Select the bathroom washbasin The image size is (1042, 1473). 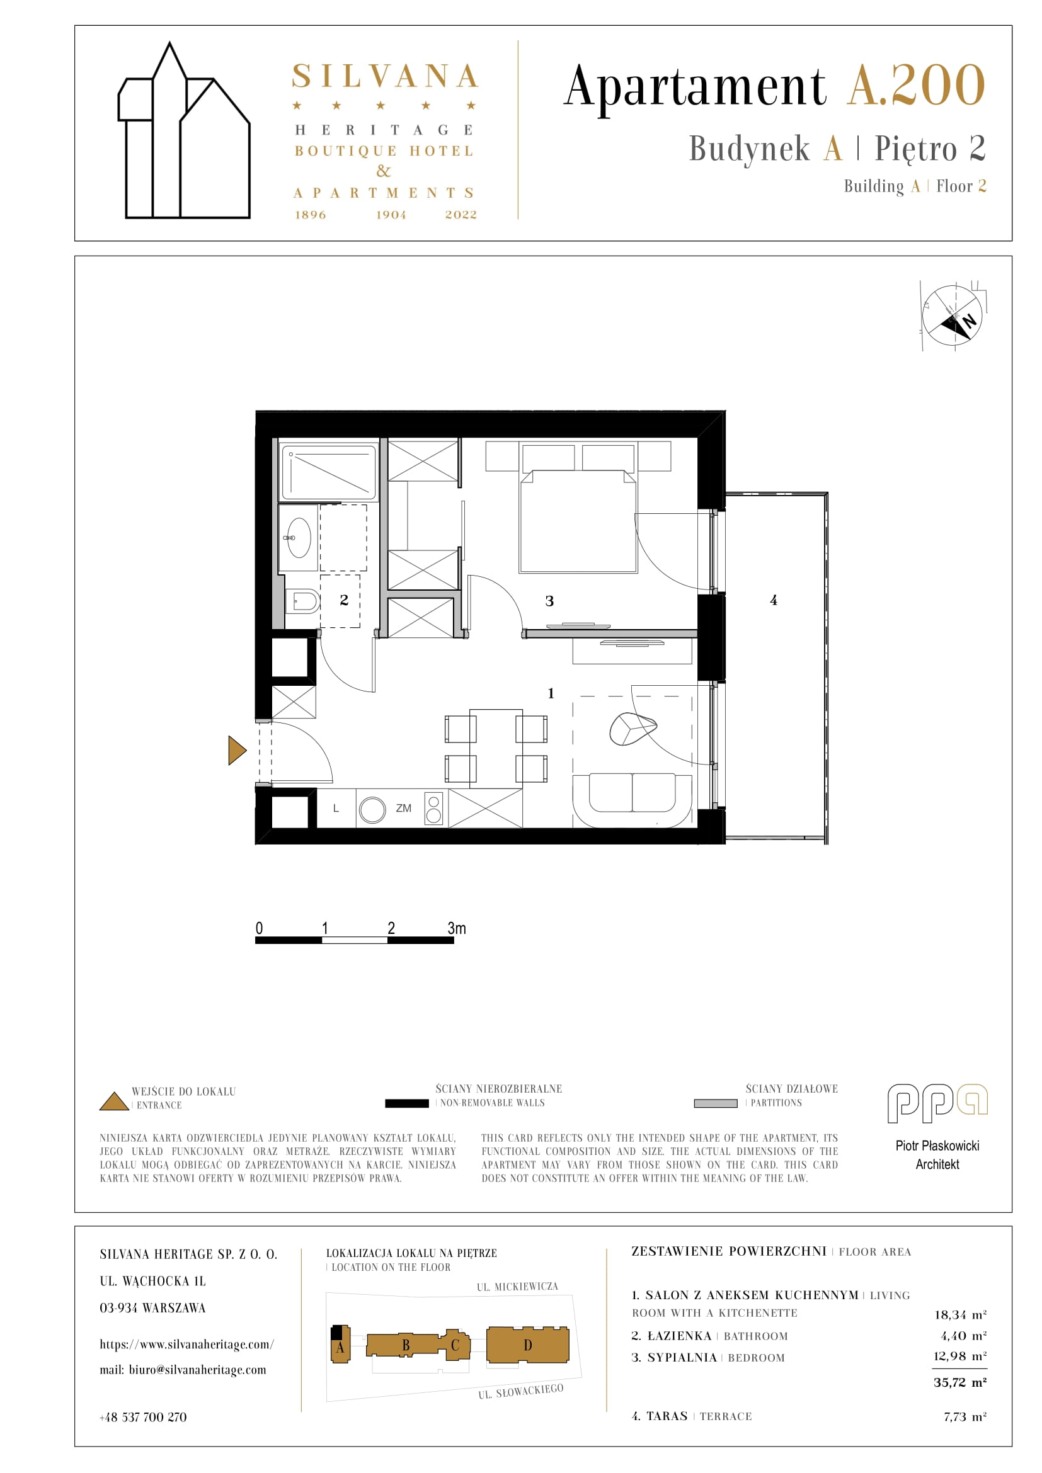coord(299,538)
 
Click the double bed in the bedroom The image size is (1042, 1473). coord(578,520)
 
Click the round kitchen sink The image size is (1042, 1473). coord(372,810)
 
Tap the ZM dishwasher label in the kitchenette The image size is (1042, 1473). coord(404,809)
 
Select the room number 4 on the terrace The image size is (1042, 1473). coord(774,600)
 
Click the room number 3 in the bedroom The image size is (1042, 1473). coord(549,601)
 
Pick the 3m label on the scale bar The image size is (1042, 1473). coord(457,928)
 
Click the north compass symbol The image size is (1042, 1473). coord(953,315)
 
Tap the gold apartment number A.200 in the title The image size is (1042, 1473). coord(916,85)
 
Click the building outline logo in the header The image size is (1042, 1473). coord(184,131)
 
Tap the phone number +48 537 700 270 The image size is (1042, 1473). coord(143,1417)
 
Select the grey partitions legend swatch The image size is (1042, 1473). coord(716,1103)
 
